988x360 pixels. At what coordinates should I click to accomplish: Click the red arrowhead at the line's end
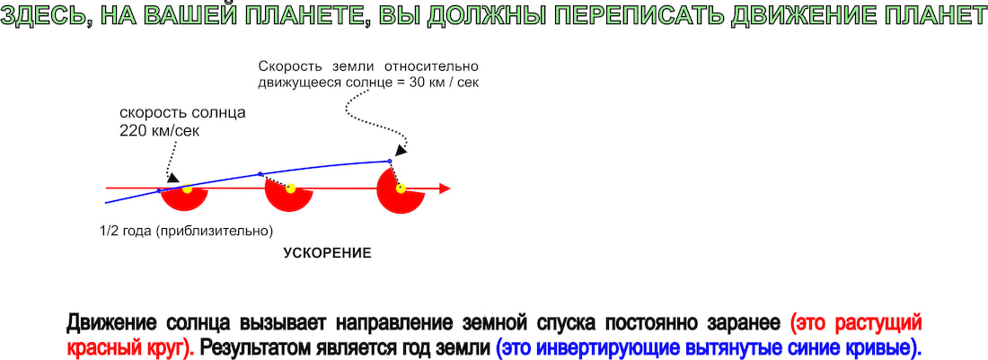tap(445, 189)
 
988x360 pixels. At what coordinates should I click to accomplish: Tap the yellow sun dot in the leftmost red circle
tap(187, 189)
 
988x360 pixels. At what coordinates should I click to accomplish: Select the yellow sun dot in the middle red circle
tap(290, 189)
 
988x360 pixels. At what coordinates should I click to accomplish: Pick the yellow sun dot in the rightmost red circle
tap(400, 189)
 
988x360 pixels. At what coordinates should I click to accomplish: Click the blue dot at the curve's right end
tap(390, 162)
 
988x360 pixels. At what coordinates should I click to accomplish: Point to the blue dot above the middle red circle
tap(260, 174)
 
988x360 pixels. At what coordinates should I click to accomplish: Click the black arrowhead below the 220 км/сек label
tap(172, 178)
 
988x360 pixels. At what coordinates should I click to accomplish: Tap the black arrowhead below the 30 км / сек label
tap(400, 150)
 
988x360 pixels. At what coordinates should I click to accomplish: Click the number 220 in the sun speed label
tap(130, 131)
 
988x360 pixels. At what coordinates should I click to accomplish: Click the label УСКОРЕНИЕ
tap(327, 253)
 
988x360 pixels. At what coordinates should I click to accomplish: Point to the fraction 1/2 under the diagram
tap(107, 231)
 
